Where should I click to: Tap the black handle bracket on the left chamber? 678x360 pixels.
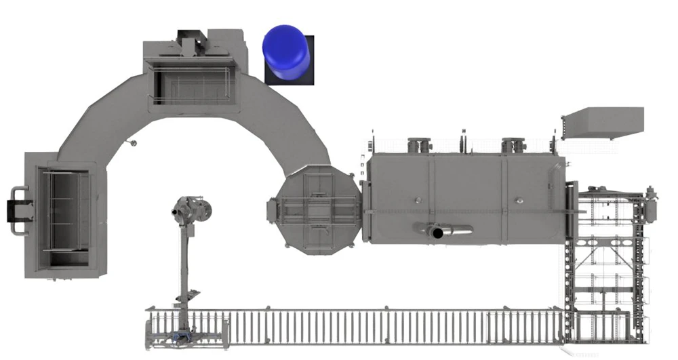click(x=15, y=211)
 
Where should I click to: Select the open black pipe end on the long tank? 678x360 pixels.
click(x=438, y=233)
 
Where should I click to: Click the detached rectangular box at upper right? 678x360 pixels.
click(x=603, y=123)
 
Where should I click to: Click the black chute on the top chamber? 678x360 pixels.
click(x=193, y=41)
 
